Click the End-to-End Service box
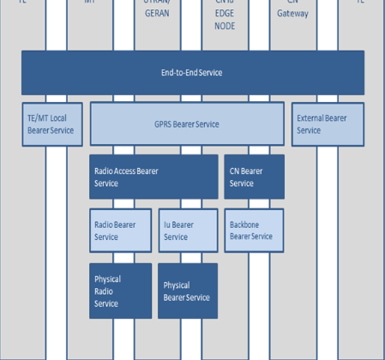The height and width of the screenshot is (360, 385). point(192,73)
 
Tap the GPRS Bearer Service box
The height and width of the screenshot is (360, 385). point(187,124)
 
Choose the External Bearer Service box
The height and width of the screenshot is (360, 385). point(328,124)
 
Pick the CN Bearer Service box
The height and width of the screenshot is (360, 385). point(253,177)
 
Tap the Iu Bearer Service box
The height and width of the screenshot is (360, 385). point(187,230)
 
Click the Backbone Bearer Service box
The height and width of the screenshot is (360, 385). point(253,230)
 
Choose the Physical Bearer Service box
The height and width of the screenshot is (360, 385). point(187,291)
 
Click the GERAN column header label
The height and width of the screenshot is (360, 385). point(157,14)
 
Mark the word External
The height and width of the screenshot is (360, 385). point(314,118)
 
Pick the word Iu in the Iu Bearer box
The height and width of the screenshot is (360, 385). point(167,225)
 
